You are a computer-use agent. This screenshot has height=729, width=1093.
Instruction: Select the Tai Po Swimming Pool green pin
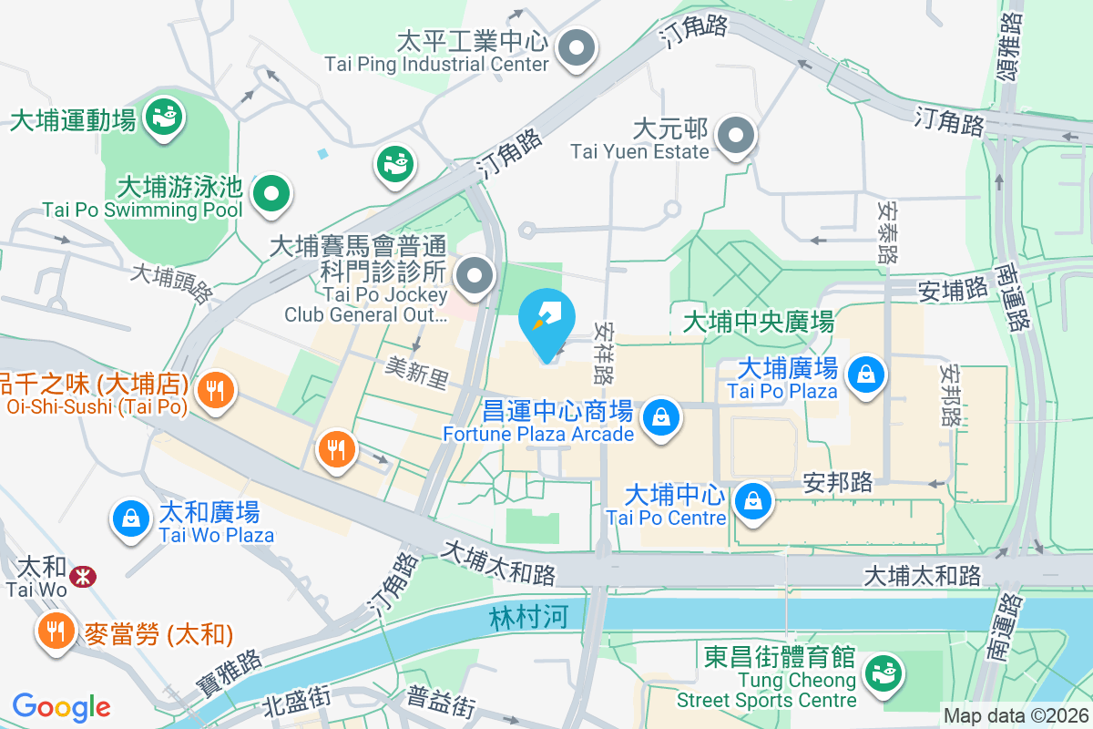271,193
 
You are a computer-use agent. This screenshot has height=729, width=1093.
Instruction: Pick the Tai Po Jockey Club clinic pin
474,275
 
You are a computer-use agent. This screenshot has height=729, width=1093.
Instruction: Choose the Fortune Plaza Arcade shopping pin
659,418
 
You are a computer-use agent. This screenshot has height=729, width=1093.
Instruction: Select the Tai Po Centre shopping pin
753,500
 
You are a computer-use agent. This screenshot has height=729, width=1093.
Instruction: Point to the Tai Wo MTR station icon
83,576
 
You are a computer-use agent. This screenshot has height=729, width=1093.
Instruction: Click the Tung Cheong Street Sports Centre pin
881,673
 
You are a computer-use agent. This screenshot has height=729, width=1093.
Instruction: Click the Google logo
61,706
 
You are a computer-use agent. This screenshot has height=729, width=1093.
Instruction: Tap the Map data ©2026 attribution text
1015,716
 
